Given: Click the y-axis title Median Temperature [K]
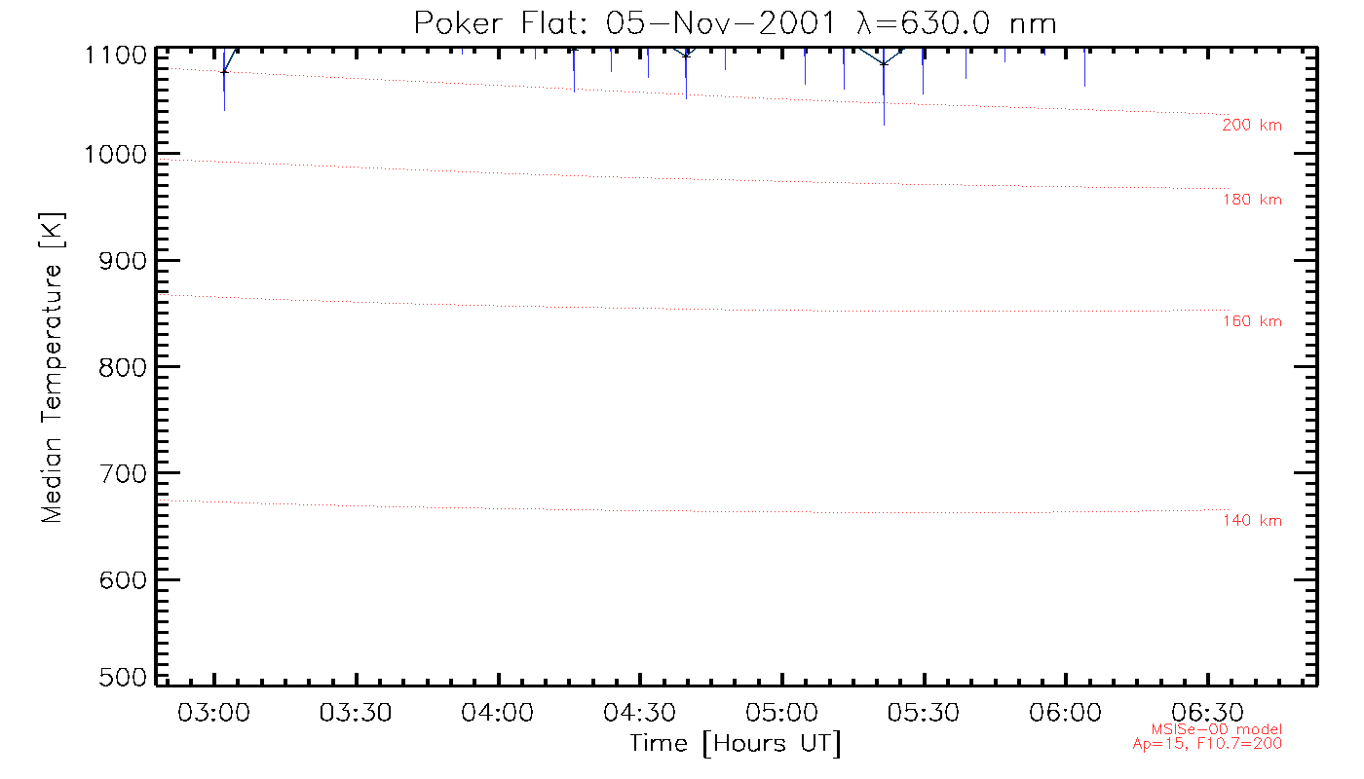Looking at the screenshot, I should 52,367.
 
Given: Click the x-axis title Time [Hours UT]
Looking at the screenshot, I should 736,744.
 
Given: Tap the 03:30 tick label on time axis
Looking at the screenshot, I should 357,713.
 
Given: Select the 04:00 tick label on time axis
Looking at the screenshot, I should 499,713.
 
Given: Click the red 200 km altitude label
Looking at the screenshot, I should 1252,126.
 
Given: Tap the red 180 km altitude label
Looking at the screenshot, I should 1252,201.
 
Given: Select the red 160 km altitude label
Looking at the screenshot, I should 1252,322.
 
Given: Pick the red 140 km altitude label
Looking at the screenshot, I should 1252,521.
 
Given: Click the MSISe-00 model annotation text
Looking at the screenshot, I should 1217,729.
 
